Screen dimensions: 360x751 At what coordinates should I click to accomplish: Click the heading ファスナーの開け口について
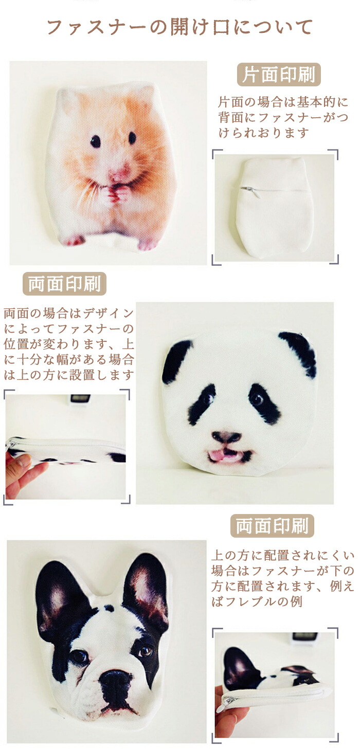coord(180,27)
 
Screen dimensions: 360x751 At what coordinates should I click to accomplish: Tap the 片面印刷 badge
coord(279,75)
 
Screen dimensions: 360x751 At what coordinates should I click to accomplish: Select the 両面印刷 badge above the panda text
coord(64,284)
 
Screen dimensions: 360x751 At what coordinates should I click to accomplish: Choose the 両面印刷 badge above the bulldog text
coord(272,526)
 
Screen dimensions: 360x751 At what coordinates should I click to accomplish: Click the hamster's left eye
coord(96,141)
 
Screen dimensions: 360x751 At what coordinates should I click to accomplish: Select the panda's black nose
coord(226,436)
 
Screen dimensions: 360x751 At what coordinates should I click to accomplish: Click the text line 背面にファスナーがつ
coord(283,117)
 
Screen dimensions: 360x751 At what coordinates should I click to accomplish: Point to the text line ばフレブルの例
coord(257,602)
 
